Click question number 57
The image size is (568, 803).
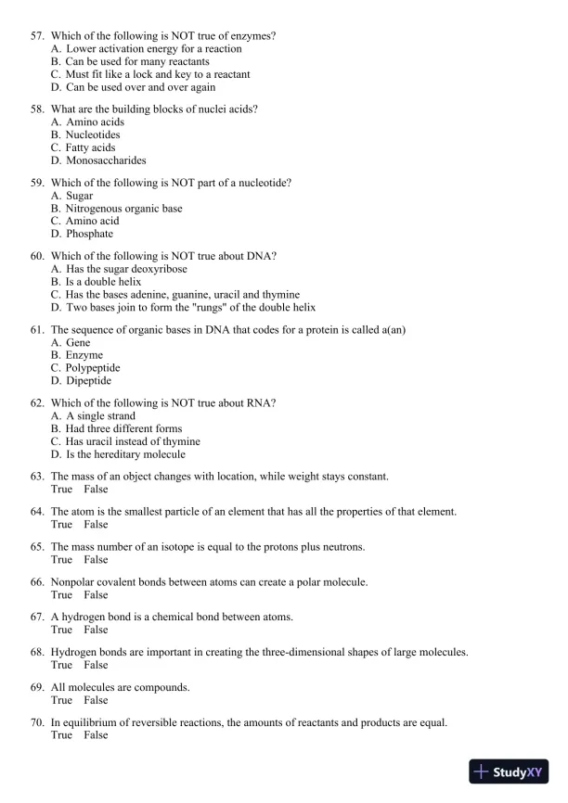click(37, 36)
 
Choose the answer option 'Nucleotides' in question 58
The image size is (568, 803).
click(93, 135)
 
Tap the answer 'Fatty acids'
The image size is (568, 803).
click(90, 147)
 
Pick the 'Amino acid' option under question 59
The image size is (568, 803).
click(92, 222)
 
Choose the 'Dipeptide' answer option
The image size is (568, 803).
click(88, 381)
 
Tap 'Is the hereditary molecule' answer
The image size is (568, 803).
click(125, 455)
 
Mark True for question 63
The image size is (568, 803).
click(61, 490)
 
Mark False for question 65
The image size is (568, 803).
click(96, 560)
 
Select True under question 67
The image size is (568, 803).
click(61, 631)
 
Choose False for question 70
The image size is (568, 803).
click(96, 735)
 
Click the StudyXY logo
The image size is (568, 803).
click(508, 771)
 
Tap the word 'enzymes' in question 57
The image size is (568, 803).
click(256, 36)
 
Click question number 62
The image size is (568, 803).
click(37, 403)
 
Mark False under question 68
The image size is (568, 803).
click(96, 666)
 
